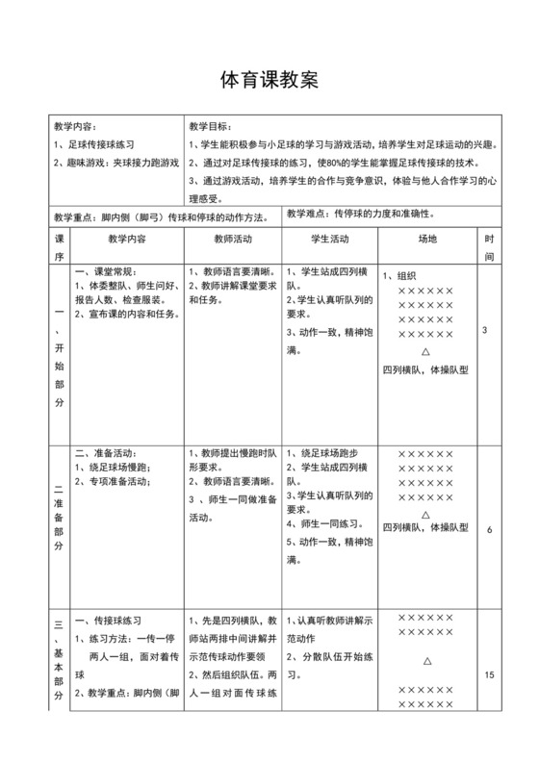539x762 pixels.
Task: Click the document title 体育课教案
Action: click(x=269, y=81)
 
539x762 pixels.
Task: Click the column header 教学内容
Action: click(x=127, y=239)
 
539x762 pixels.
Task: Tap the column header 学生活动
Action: click(x=330, y=239)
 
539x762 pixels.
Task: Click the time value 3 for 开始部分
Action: click(x=484, y=331)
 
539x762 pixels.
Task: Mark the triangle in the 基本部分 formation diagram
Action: click(x=426, y=662)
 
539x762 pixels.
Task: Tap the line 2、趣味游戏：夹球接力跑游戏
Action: click(x=116, y=163)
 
